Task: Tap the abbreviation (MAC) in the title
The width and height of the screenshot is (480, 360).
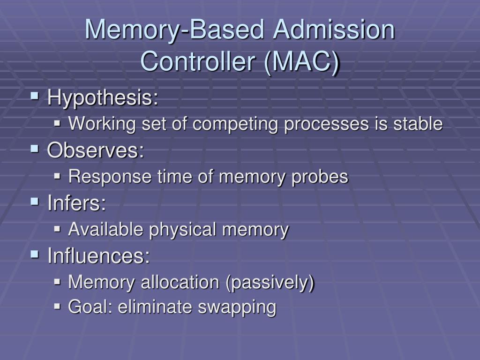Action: click(x=301, y=61)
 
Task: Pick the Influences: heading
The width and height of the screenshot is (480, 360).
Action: click(x=98, y=256)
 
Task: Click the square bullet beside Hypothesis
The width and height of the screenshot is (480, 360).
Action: click(x=34, y=97)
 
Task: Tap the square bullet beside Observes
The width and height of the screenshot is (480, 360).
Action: click(x=34, y=149)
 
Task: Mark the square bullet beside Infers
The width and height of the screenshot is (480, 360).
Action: click(x=34, y=202)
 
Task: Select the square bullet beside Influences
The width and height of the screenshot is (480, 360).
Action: click(x=34, y=255)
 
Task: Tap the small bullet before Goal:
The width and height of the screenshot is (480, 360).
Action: click(x=58, y=307)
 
